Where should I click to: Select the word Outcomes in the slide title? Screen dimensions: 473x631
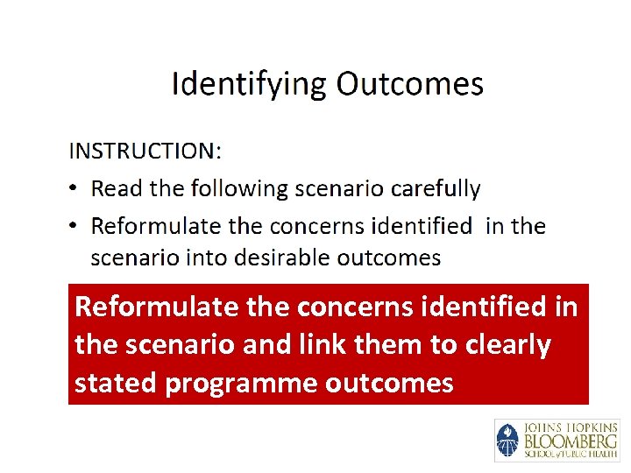click(x=410, y=84)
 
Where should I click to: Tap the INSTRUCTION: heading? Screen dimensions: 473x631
click(x=145, y=151)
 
